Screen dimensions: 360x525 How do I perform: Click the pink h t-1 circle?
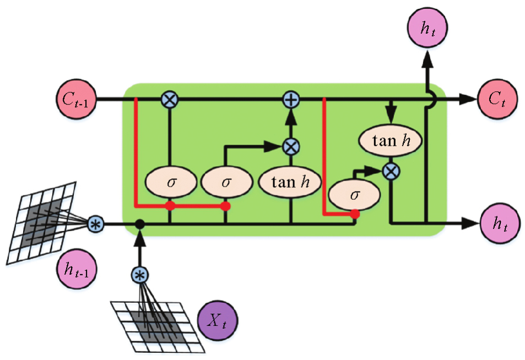(x=75, y=268)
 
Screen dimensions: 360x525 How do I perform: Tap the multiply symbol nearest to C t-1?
(x=169, y=100)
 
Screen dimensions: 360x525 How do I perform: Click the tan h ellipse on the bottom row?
(x=290, y=182)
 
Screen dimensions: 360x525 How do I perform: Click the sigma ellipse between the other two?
(x=225, y=182)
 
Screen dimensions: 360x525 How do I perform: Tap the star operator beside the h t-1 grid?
(x=96, y=224)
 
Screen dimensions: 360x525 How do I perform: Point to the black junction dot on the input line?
(x=140, y=224)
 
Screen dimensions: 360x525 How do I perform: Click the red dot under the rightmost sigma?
(x=355, y=214)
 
